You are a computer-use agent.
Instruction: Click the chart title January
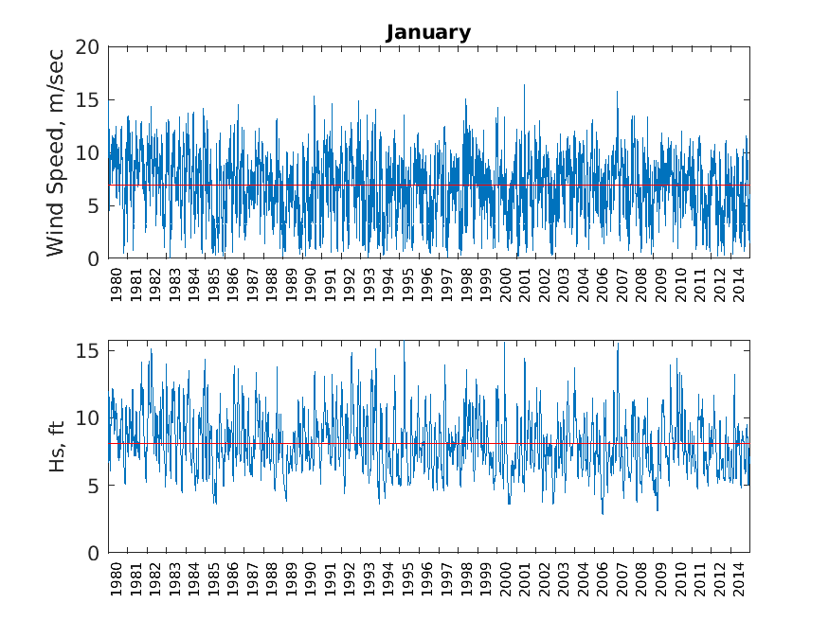pos(428,33)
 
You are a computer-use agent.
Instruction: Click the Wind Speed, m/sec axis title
pos(56,152)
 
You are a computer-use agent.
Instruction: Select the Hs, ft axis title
pos(58,446)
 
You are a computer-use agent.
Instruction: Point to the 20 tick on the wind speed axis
pos(88,46)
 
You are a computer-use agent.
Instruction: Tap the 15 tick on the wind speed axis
pos(88,99)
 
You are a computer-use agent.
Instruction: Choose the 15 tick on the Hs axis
pos(88,351)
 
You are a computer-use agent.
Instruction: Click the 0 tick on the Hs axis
pos(93,553)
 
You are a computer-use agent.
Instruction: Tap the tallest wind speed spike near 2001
pos(524,85)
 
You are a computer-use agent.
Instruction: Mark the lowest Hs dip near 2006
pos(603,513)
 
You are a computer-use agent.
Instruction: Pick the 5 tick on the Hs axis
pos(93,486)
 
